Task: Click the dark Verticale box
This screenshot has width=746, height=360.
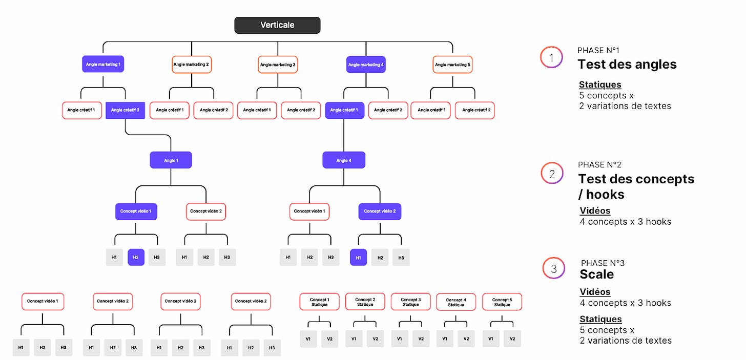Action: point(277,25)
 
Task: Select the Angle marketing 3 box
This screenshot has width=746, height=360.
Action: point(278,65)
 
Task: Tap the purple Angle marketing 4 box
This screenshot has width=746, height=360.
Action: point(366,65)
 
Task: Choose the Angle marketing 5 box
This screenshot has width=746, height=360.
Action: point(452,65)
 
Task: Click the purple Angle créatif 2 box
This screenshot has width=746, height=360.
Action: point(125,110)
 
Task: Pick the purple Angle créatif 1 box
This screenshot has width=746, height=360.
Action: point(344,110)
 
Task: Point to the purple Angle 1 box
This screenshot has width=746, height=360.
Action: point(171,160)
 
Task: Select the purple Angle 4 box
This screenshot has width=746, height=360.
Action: point(344,160)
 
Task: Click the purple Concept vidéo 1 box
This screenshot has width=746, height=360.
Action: point(136,211)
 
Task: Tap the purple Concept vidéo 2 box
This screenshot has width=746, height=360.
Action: point(380,211)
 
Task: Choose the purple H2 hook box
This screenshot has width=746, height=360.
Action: point(136,257)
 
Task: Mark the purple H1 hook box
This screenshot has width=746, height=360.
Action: point(358,258)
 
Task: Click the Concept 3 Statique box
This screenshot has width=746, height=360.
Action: point(410,302)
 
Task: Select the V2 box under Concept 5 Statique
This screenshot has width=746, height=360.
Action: point(512,338)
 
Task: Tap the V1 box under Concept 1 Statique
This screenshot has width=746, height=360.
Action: point(308,338)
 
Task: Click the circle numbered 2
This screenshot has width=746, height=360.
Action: point(552,174)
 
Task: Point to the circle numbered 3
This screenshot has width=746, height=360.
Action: point(553,268)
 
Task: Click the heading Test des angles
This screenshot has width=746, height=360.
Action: point(627,64)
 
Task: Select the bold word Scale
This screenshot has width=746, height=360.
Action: point(597,274)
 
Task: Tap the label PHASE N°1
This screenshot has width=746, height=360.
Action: point(598,50)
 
